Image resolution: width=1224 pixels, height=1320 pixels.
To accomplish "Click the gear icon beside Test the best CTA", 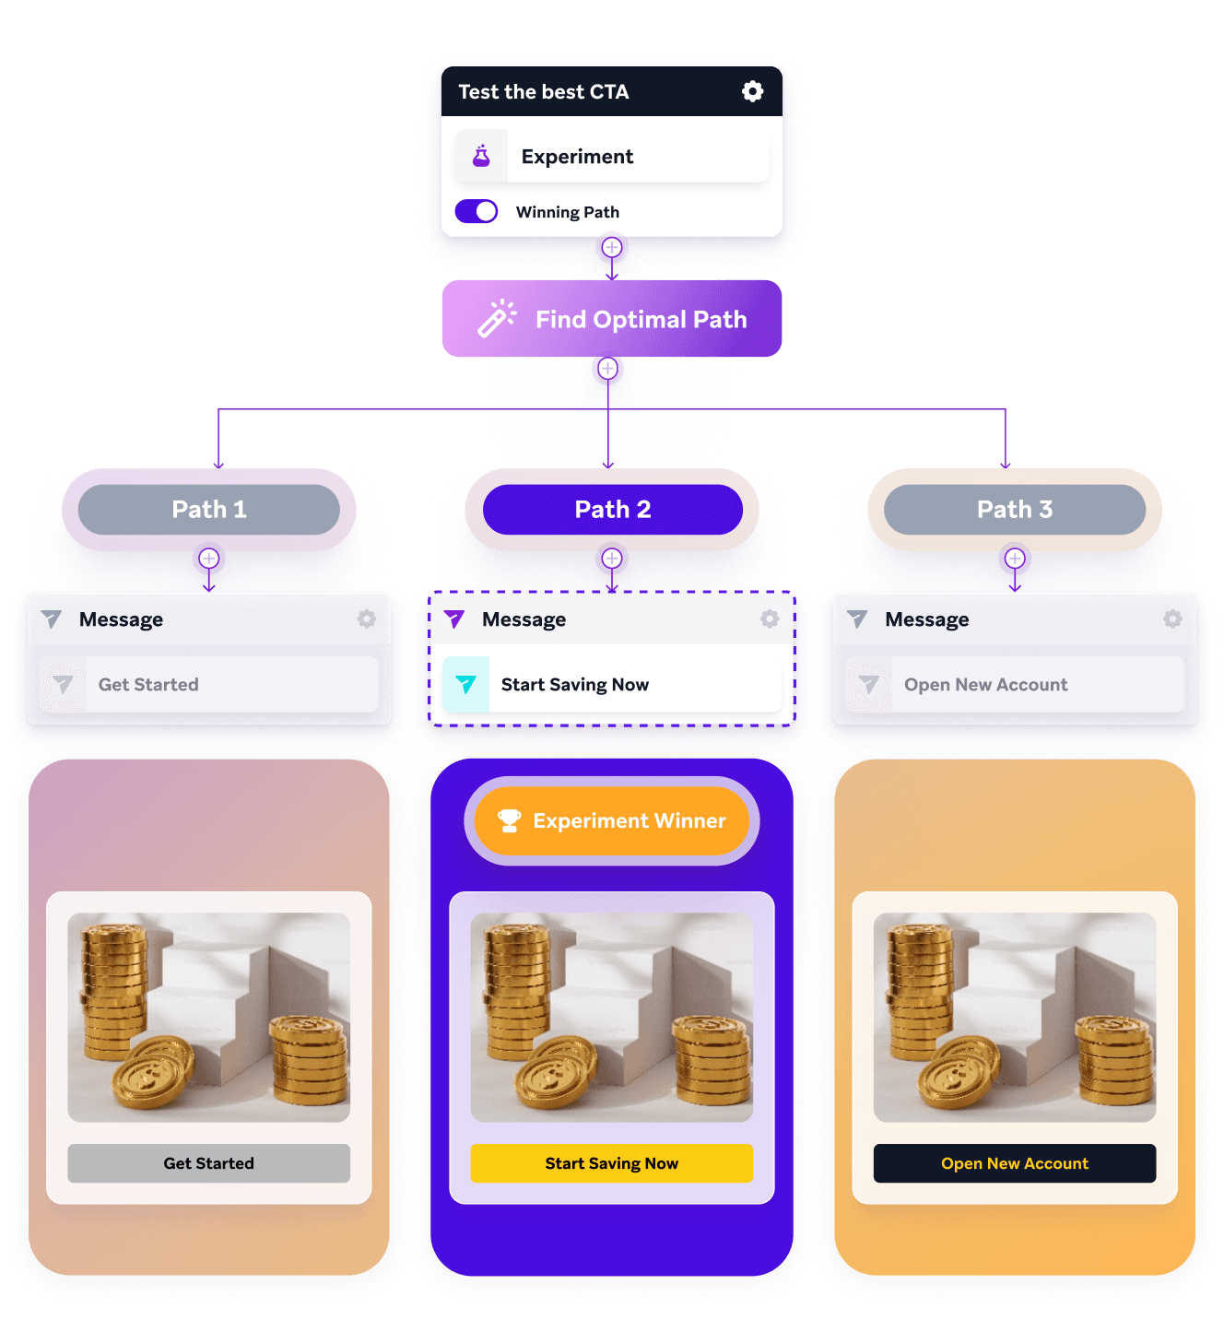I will pos(752,91).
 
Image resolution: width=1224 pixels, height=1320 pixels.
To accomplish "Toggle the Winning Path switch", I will pos(477,211).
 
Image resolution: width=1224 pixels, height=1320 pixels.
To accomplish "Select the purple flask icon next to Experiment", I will pos(481,156).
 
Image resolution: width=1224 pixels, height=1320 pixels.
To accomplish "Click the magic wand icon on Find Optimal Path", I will pos(497,318).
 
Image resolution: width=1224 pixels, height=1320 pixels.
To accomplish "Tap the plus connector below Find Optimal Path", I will pos(607,369).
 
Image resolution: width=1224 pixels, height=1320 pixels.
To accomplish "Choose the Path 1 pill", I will pos(209,510).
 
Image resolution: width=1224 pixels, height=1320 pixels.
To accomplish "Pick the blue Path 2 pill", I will pos(612,510).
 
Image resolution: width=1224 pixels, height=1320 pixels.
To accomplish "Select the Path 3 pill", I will pos(1014,510).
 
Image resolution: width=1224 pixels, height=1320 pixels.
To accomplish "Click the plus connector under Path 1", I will pos(209,559).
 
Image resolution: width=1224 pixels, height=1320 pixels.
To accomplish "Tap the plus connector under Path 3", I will pos(1015,559).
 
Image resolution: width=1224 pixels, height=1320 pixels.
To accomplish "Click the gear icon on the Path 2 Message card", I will pos(770,619).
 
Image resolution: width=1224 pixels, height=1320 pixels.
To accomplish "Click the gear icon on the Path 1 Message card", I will pos(367,619).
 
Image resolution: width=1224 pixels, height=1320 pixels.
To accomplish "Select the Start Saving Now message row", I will pos(612,684).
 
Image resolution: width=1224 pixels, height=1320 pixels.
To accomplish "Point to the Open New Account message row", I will pos(1014,684).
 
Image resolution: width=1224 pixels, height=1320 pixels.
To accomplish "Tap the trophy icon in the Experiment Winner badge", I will pos(509,819).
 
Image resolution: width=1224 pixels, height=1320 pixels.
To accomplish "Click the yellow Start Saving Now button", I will pos(612,1163).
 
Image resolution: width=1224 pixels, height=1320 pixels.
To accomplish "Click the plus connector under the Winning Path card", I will pos(612,248).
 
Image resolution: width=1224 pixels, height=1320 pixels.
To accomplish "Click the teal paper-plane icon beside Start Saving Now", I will pos(466,684).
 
